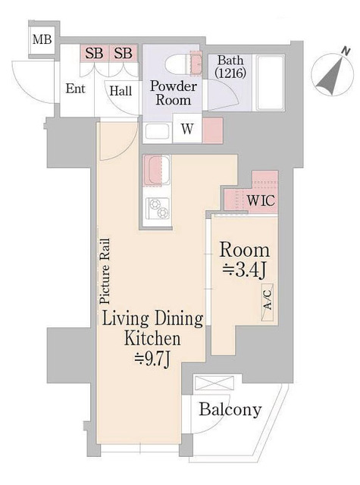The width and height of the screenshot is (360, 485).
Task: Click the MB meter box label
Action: pos(42,39)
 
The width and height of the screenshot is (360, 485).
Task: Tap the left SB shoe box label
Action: pos(94,53)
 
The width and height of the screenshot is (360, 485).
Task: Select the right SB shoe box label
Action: pos(123,53)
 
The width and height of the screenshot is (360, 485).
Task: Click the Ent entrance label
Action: pos(75,89)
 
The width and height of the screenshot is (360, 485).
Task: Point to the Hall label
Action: pos(121,91)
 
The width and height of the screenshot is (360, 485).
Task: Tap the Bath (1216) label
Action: pos(230,67)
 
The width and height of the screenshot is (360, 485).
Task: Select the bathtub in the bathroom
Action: pos(271,83)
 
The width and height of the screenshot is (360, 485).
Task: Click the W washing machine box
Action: pos(187,129)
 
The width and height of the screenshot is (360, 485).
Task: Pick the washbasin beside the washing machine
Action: pos(158,131)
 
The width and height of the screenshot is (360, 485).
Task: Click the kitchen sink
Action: pos(157,170)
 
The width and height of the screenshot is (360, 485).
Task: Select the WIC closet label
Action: pos(261,200)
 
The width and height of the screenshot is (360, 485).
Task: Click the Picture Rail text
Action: pos(105,271)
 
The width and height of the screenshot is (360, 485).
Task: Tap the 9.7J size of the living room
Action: pos(152,359)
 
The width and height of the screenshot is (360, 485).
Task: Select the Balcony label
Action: pos(230,409)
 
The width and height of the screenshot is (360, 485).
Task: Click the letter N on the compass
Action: pos(346,52)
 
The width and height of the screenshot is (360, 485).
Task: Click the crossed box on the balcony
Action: pos(214,383)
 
